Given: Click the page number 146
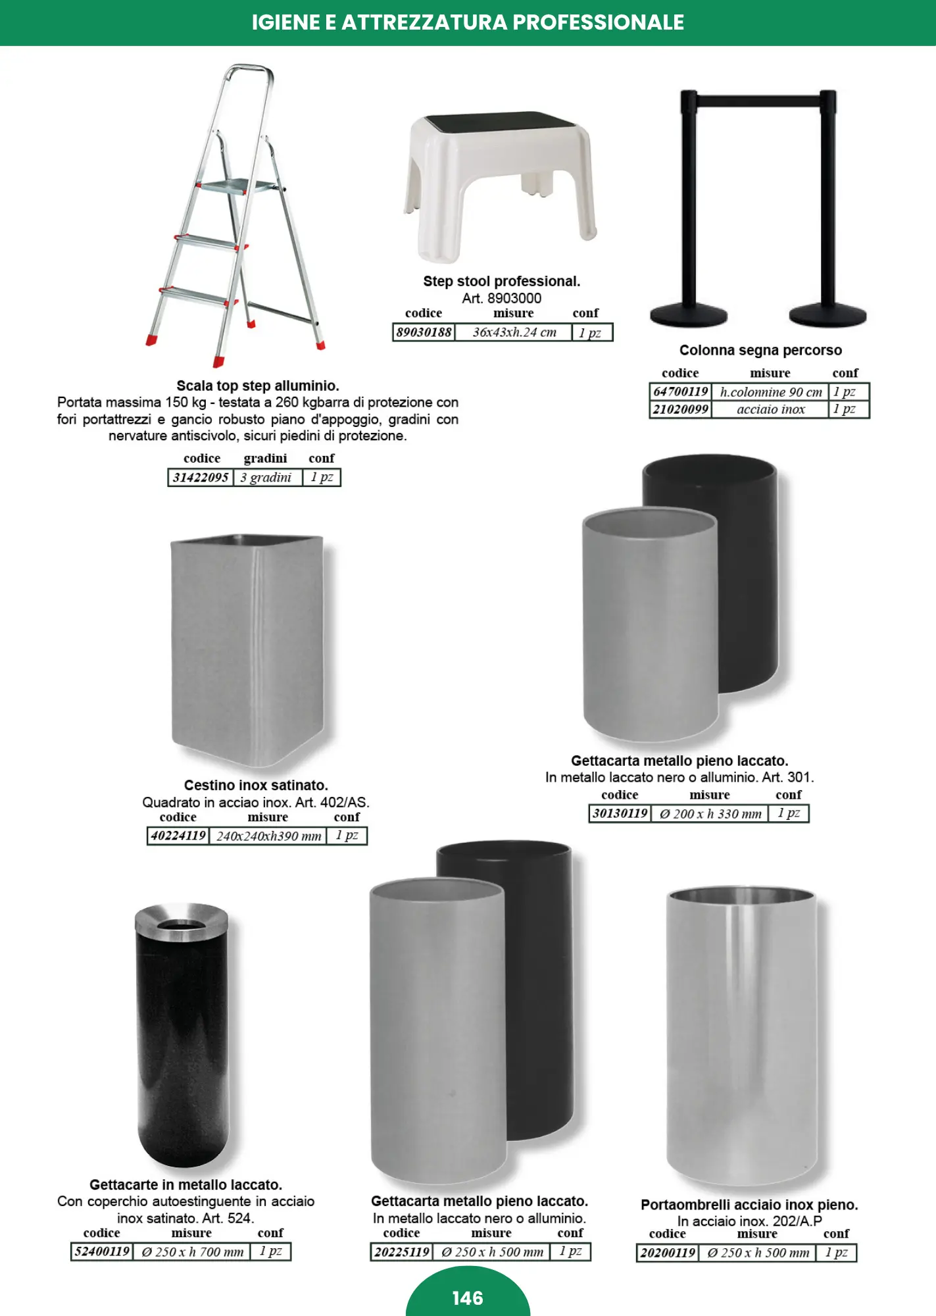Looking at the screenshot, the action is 468,1298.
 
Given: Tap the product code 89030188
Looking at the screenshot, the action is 424,332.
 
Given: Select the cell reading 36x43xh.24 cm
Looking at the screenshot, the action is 514,332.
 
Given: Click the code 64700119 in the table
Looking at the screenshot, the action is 680,392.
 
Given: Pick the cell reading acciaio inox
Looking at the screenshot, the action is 770,409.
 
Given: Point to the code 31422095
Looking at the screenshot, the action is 201,477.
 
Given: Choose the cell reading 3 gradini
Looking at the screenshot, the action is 266,477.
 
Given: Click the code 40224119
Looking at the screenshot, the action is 178,836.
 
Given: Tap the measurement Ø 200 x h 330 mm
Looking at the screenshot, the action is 710,814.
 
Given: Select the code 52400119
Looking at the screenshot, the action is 102,1252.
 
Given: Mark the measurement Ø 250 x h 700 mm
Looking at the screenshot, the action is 193,1252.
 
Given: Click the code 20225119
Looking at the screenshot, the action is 402,1252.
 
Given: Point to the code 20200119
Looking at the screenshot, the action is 668,1253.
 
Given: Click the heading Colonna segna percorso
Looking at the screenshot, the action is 760,350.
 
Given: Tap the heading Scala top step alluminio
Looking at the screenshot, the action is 258,386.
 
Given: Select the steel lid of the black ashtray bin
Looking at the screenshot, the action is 182,918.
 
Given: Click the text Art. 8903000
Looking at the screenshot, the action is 501,298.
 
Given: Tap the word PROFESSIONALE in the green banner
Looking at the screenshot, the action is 599,22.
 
